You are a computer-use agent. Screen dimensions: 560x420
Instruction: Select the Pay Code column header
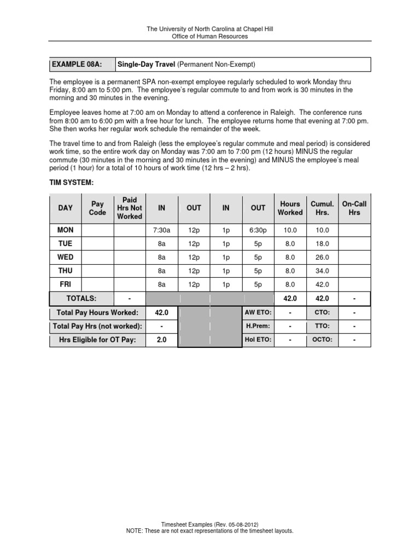point(97,208)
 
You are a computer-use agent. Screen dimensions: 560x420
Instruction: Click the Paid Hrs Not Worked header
point(130,208)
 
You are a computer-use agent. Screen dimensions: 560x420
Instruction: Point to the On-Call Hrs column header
point(354,208)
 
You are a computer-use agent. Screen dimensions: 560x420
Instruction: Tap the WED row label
point(66,256)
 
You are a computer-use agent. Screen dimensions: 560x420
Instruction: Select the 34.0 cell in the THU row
point(322,270)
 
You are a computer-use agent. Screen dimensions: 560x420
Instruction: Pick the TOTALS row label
point(81,299)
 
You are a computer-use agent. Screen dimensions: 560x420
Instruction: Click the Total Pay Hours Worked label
point(97,312)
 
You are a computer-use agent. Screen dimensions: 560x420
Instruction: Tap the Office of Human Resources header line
point(210,37)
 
